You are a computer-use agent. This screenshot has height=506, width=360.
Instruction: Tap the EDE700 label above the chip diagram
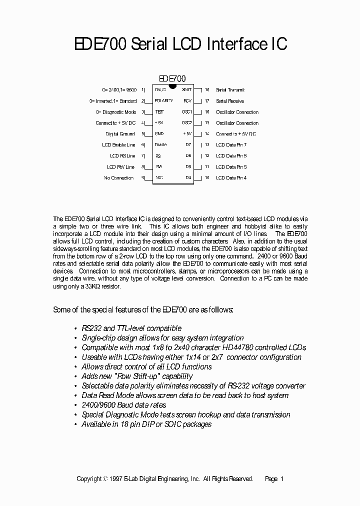tap(172, 78)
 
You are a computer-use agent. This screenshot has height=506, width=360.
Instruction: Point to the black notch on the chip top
tap(172, 86)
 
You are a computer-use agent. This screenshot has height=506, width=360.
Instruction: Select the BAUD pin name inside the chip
tap(160, 90)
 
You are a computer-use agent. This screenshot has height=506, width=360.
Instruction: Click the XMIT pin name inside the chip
tap(186, 90)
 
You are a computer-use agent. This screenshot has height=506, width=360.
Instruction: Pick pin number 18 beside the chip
tap(206, 90)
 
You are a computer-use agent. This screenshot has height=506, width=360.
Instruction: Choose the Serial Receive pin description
tap(230, 101)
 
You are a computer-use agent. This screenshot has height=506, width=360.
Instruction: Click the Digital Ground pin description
tap(120, 134)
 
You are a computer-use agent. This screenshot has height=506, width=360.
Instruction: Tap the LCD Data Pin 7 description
tap(231, 145)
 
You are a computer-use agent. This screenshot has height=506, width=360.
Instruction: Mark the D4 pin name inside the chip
tap(188, 178)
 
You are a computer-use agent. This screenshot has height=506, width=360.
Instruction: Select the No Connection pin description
tap(119, 178)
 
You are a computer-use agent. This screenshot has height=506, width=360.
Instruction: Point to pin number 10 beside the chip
tap(206, 178)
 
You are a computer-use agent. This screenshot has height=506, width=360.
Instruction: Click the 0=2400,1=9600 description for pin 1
tap(119, 90)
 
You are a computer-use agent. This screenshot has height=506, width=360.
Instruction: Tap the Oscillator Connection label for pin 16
tap(237, 112)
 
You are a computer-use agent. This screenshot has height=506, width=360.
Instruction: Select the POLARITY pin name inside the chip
tap(164, 101)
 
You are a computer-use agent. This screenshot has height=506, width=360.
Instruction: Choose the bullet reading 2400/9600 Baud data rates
tap(124, 405)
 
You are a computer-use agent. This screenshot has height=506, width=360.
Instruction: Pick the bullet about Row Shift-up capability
tap(137, 376)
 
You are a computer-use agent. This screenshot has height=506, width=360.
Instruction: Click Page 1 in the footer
tap(274, 479)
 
